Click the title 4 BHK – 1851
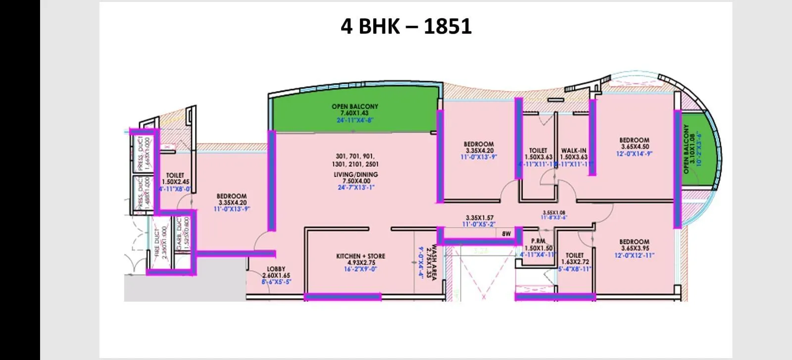[406, 26]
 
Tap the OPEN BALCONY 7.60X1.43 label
[354, 109]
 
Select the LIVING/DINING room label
[355, 174]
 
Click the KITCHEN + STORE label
[360, 256]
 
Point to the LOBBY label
[276, 269]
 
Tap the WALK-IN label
[574, 151]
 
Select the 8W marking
[506, 233]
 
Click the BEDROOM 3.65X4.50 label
[634, 144]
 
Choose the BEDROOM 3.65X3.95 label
[634, 245]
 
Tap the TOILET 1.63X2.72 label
[575, 258]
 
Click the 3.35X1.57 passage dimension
[479, 217]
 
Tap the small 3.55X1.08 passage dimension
[554, 212]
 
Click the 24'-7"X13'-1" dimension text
[355, 188]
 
